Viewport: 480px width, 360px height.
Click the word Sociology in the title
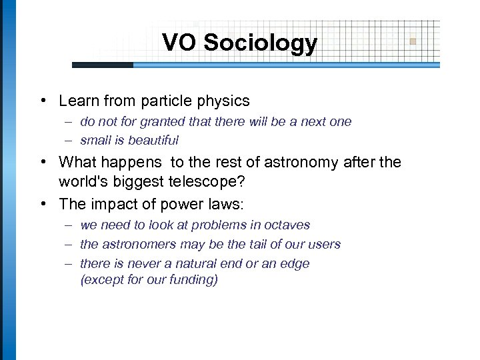261,43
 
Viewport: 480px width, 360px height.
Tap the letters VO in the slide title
180,43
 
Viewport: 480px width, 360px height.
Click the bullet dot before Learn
43,101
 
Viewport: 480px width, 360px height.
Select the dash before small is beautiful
69,141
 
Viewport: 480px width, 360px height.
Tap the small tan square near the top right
413,41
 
